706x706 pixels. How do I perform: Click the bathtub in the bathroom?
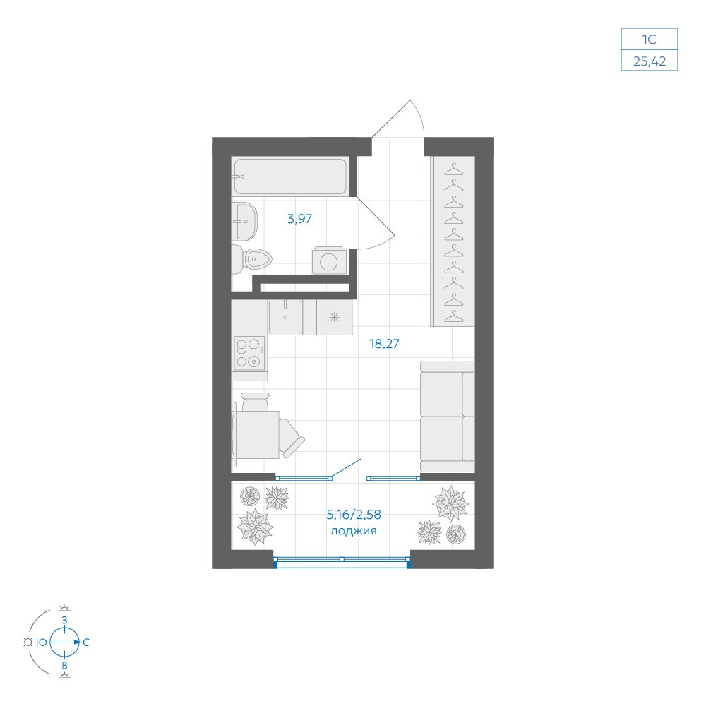click(290, 176)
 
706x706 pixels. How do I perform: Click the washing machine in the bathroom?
click(329, 261)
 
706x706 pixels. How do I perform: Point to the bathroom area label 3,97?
click(300, 219)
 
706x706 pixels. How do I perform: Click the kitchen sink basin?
click(285, 317)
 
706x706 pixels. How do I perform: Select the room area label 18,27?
click(384, 344)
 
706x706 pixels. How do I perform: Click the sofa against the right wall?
click(447, 417)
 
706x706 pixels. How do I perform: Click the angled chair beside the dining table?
click(291, 438)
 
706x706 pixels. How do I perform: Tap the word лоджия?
click(354, 531)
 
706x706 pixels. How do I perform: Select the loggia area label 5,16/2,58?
click(354, 514)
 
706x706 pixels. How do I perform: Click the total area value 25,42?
click(650, 61)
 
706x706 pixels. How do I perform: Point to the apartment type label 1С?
click(649, 40)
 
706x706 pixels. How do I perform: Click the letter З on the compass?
click(64, 620)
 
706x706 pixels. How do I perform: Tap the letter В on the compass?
click(64, 666)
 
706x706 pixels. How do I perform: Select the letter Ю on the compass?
click(42, 642)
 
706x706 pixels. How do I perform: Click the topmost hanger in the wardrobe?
click(454, 169)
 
